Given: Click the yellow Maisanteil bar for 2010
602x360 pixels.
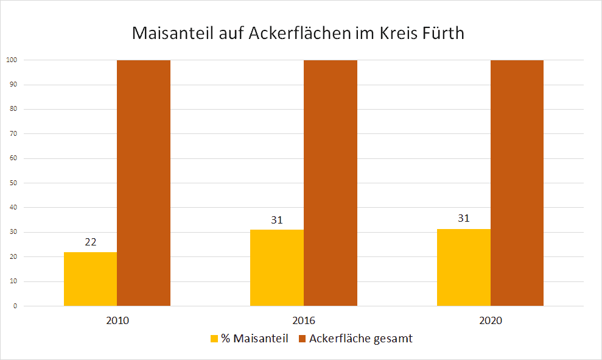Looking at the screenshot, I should [90, 279].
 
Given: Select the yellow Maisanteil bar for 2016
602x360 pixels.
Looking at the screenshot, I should [277, 268].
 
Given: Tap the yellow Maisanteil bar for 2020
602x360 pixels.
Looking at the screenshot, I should [463, 267].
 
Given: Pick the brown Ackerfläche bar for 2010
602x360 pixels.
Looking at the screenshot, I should [144, 183].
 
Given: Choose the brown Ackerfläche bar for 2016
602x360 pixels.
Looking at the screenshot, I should [331, 183].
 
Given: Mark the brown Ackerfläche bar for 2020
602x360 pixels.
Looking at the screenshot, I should [517, 183].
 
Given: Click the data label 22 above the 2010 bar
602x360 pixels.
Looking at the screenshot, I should [90, 242].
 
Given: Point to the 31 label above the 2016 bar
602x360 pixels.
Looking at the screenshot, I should [277, 220].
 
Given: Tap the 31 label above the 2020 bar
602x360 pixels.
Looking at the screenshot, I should [463, 218].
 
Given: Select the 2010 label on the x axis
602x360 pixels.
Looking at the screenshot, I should [117, 320].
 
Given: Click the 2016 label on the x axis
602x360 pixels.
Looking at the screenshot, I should [304, 320].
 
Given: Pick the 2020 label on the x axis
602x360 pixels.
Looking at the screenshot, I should [490, 320].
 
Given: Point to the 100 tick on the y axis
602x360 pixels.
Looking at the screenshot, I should [11, 60].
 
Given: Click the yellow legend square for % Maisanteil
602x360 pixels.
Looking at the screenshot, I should [214, 339].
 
